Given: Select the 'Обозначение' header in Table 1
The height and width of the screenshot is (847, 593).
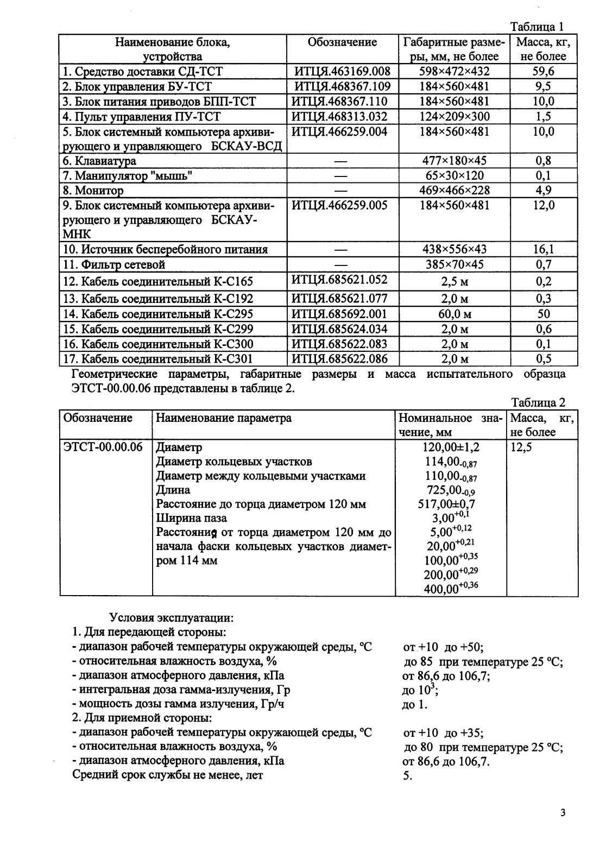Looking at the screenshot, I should pos(342,42).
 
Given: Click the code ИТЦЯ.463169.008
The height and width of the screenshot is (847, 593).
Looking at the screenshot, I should pos(342,72).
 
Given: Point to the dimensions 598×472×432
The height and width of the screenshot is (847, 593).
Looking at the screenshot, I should pos(455,72).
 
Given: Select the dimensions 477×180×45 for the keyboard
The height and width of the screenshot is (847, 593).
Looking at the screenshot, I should pos(455,161).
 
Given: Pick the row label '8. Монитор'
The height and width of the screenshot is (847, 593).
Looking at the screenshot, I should pos(93,191).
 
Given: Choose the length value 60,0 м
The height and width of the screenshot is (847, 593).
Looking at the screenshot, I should pos(455,314).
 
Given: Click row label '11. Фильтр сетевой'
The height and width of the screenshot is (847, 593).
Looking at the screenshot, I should pos(114,265).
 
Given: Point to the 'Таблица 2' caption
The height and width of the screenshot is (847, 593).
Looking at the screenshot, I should pos(538,402).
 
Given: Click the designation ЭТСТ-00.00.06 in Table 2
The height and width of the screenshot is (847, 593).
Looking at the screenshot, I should pos(104,447).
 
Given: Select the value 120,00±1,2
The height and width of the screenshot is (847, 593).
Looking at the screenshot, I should pos(451,447).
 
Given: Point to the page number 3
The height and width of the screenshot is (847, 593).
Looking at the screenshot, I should pos(563,813).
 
